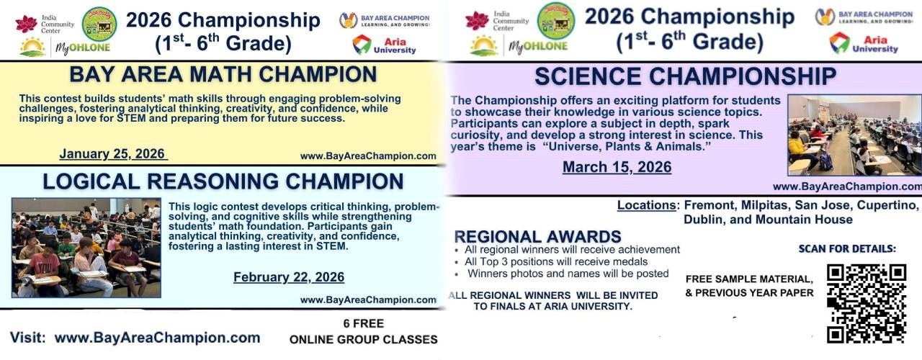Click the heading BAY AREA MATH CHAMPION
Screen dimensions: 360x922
click(x=223, y=74)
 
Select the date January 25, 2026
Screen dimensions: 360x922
click(x=112, y=153)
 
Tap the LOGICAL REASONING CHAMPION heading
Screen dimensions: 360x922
click(x=223, y=181)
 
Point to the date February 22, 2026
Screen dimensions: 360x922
click(x=288, y=277)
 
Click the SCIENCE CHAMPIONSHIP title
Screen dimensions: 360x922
click(x=685, y=76)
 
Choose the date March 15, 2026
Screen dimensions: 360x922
click(x=617, y=167)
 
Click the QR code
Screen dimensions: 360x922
click(x=866, y=303)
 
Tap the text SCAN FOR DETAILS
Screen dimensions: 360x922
click(x=847, y=249)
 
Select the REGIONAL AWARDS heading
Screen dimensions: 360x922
click(x=537, y=236)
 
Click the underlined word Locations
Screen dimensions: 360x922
click(x=647, y=205)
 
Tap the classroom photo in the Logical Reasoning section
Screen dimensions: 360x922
click(x=86, y=248)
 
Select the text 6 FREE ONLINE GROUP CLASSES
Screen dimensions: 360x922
click(x=363, y=331)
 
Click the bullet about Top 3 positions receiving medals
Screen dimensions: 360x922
click(x=555, y=261)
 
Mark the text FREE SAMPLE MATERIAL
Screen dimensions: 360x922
click(x=749, y=279)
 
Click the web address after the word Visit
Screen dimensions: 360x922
click(x=157, y=337)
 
